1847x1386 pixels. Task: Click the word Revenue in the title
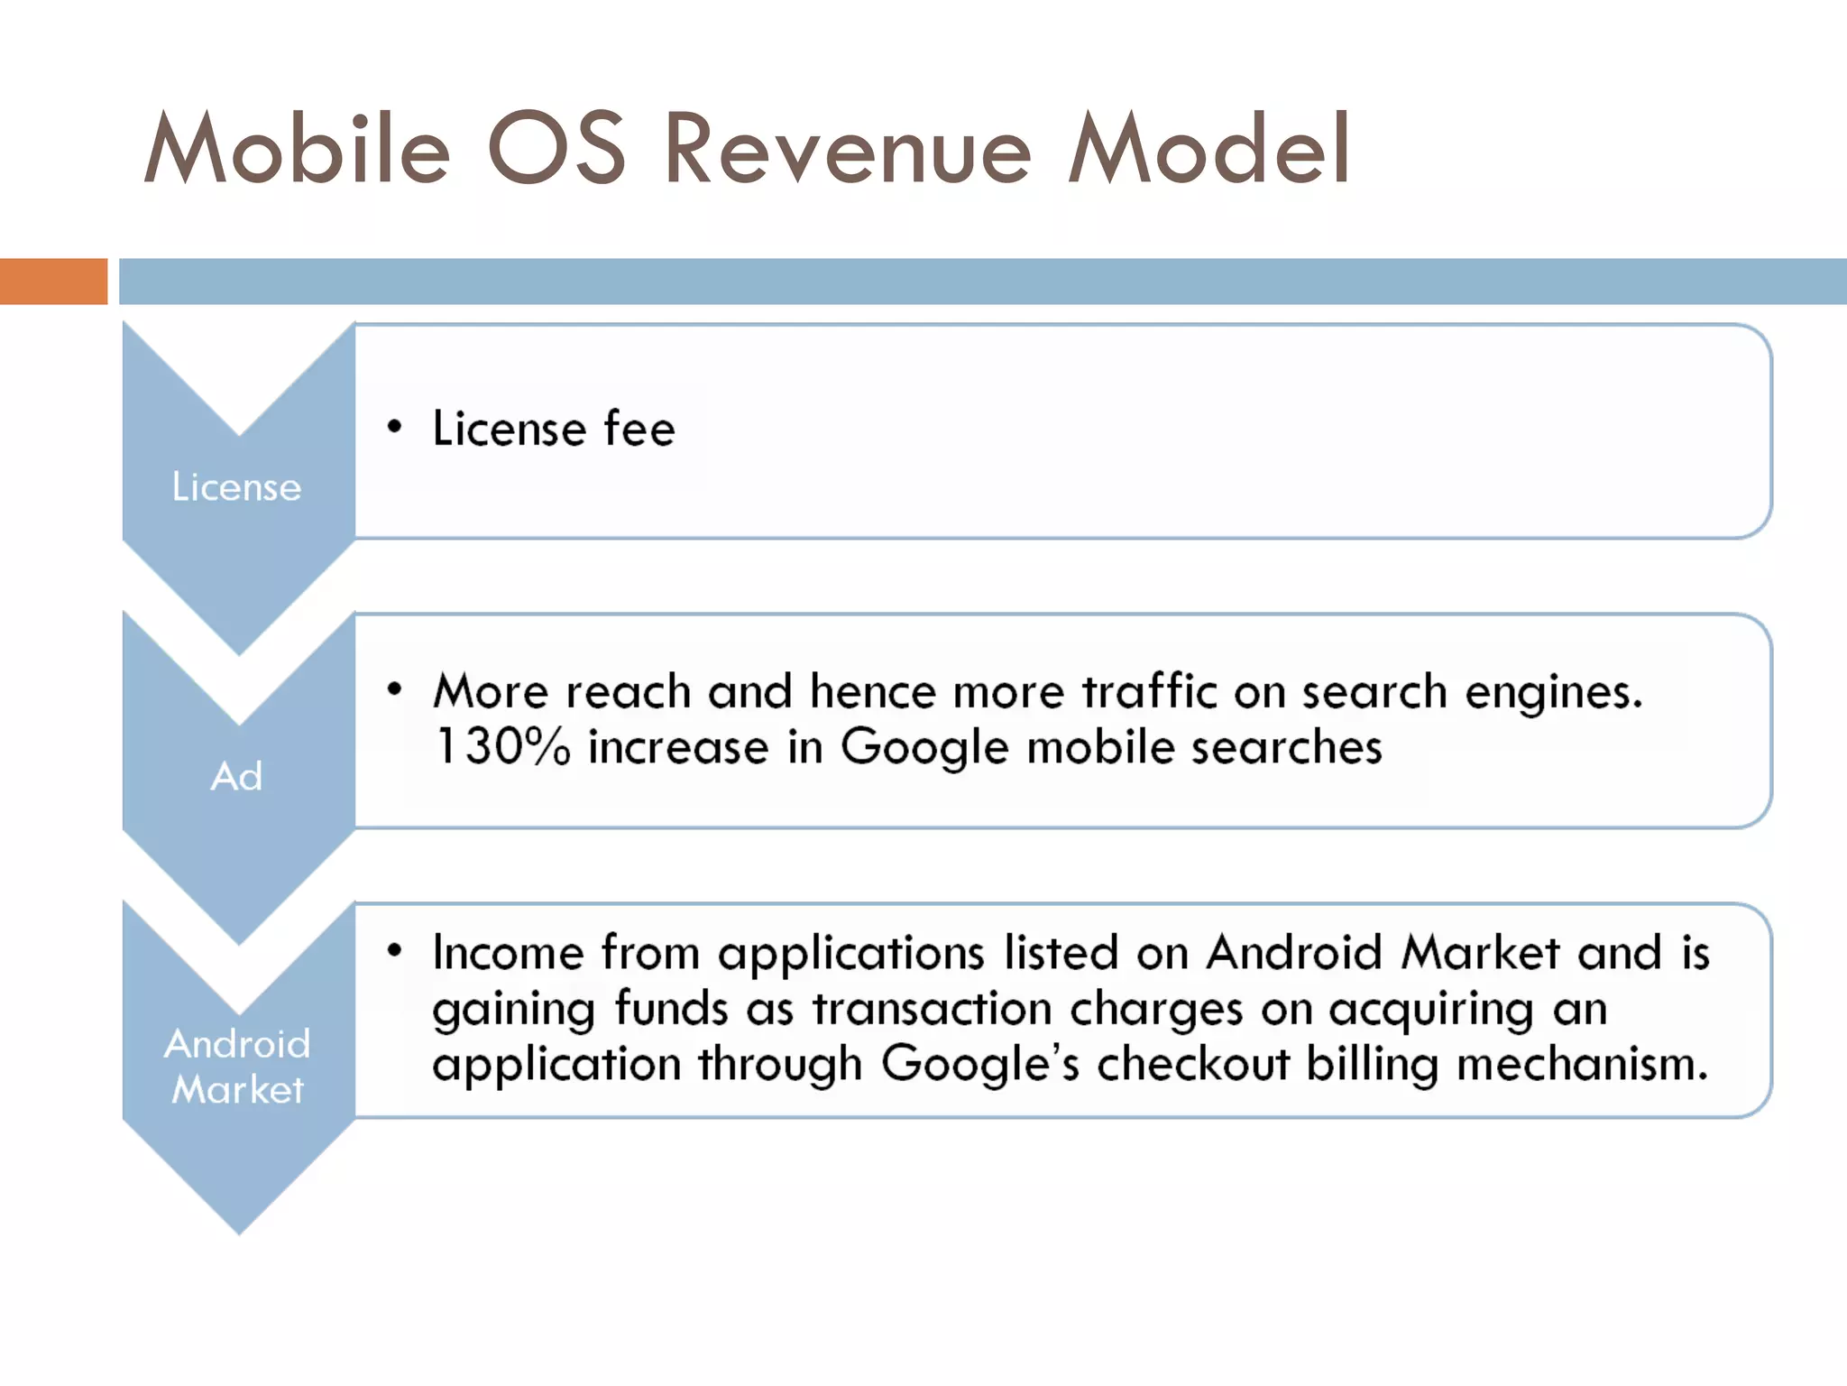point(847,149)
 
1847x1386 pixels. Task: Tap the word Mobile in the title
point(297,149)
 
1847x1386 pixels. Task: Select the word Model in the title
point(1208,149)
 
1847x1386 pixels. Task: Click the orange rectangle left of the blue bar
point(53,281)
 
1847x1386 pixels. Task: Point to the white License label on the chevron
point(236,487)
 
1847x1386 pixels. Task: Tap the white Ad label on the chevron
point(236,777)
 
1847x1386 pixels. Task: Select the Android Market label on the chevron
point(237,1067)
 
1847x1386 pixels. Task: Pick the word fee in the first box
point(639,429)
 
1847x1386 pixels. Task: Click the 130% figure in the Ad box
point(502,747)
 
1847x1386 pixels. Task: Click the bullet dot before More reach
point(394,690)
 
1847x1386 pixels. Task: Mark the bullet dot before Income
point(394,950)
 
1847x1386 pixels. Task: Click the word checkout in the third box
point(1192,1064)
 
